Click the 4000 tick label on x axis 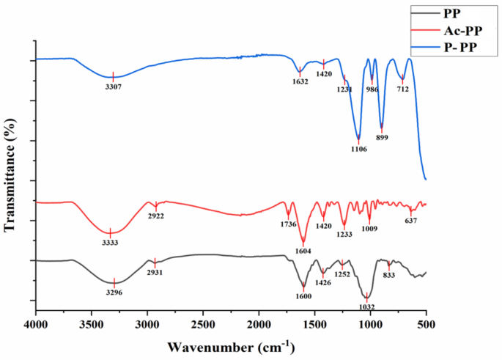(35, 323)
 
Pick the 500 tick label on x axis (426, 323)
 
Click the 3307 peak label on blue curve (113, 86)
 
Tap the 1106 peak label (358, 149)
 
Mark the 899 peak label (382, 137)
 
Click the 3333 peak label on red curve (110, 242)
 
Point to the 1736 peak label (288, 225)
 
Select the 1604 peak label (303, 251)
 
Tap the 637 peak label (411, 221)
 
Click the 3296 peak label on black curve (114, 291)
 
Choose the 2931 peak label (155, 272)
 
